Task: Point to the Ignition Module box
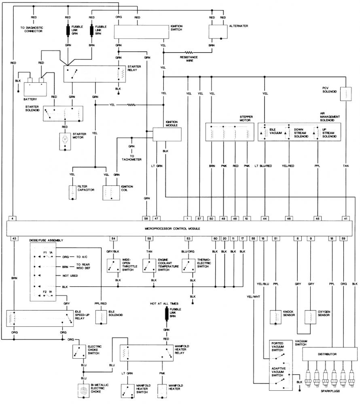(x=164, y=134)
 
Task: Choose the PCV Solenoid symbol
(x=346, y=94)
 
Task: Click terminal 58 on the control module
(x=146, y=219)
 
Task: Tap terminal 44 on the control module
(x=265, y=219)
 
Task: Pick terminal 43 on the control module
(x=14, y=238)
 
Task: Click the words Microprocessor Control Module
(x=172, y=229)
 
